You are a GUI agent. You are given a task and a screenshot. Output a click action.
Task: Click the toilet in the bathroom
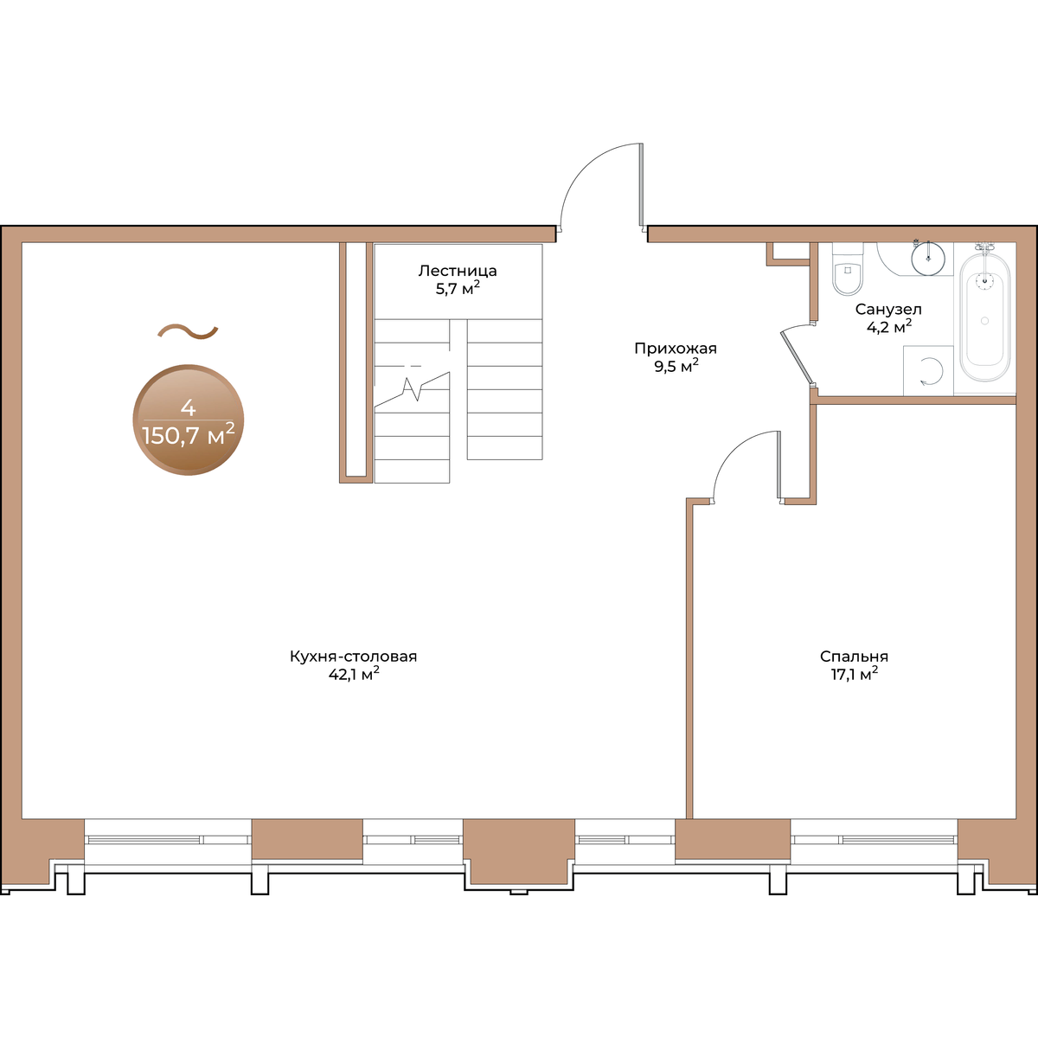pos(848,269)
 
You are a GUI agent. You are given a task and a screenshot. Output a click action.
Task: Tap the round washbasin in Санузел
pos(927,258)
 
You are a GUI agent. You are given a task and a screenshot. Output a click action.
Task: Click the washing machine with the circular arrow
pos(928,371)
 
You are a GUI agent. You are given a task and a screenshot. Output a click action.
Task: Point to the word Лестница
pos(458,271)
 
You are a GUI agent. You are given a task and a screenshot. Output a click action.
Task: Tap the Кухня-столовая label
pos(354,657)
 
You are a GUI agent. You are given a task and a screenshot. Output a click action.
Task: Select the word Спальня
pos(855,657)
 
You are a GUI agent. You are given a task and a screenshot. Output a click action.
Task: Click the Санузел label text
pos(889,310)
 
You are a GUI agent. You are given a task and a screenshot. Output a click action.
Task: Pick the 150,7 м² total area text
pos(189,435)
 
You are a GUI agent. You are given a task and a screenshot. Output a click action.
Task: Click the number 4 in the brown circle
pos(188,407)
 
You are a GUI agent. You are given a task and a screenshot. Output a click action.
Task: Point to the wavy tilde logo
pos(188,332)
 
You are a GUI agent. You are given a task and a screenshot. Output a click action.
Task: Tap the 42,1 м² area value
pos(354,673)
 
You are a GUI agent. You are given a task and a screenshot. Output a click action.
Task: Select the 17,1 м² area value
pos(855,673)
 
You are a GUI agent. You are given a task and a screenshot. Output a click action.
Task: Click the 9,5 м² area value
pos(676,366)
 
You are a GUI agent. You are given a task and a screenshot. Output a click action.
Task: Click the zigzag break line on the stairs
pos(412,388)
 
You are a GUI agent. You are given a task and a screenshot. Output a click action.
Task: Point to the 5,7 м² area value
pos(458,288)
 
